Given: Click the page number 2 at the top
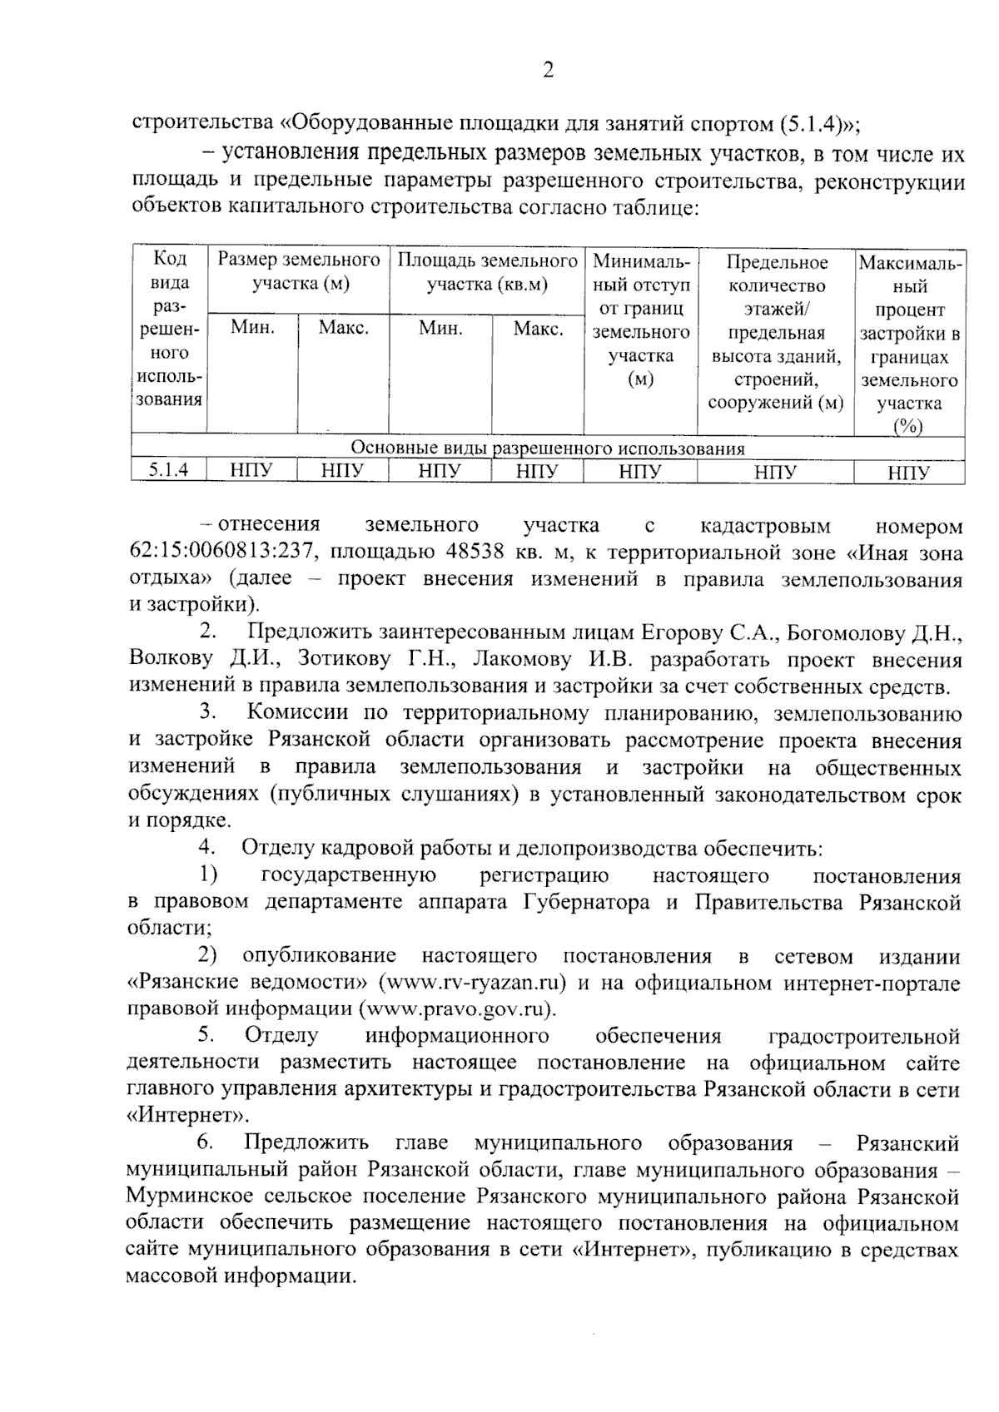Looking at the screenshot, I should coord(548,71).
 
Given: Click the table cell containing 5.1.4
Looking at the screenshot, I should coord(169,470).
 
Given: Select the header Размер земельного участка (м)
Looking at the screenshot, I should coord(299,272).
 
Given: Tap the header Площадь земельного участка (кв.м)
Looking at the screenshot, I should coord(487,272).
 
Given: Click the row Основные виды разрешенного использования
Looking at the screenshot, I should coord(547,448).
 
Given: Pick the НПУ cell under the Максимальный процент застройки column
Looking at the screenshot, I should coord(908,473).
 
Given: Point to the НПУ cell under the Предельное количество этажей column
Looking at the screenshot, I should coord(775,473).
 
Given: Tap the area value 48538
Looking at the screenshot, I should coord(455,552).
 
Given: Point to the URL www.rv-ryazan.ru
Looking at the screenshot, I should coord(472,983).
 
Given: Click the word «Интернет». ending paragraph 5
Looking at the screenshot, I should coord(179,1116).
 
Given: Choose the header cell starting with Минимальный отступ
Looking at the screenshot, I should coord(640,320).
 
